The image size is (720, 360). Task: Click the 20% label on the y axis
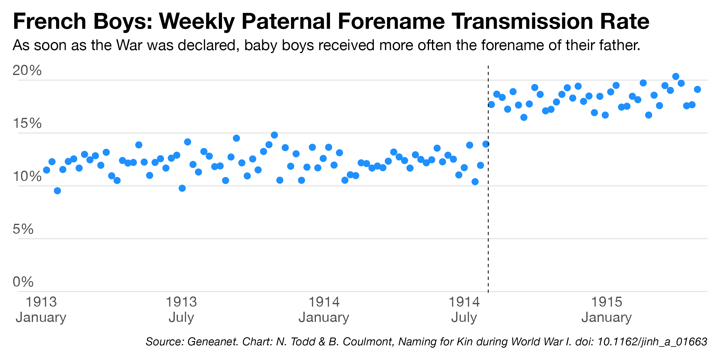[27, 70]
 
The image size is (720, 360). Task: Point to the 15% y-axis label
[27, 123]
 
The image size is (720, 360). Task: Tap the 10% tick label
[27, 176]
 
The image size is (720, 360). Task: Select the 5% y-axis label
[23, 229]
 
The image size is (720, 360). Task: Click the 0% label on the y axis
[23, 282]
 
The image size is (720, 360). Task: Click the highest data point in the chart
[676, 76]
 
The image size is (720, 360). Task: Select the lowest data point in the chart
[57, 191]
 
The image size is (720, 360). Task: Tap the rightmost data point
[697, 89]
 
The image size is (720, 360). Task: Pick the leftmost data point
[46, 170]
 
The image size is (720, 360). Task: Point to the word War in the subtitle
[129, 45]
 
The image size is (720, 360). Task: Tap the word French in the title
[49, 22]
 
